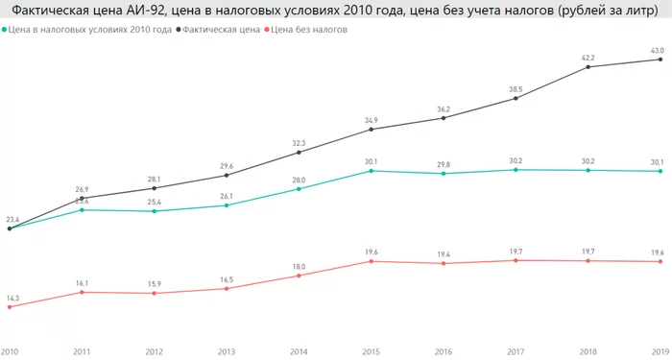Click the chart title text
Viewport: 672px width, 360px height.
(335, 11)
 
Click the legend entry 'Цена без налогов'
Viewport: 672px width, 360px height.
(309, 30)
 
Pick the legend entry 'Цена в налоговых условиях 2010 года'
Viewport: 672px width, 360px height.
(89, 30)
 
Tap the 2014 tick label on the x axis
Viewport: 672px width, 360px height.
(300, 352)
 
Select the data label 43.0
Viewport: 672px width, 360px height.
(658, 49)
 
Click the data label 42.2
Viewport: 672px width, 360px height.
(588, 57)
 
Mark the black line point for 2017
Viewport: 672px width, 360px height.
(516, 98)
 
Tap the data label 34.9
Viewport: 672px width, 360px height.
(372, 119)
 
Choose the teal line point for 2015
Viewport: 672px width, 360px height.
(372, 171)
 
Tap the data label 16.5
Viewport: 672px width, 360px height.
(227, 278)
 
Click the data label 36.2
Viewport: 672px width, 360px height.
(444, 108)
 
